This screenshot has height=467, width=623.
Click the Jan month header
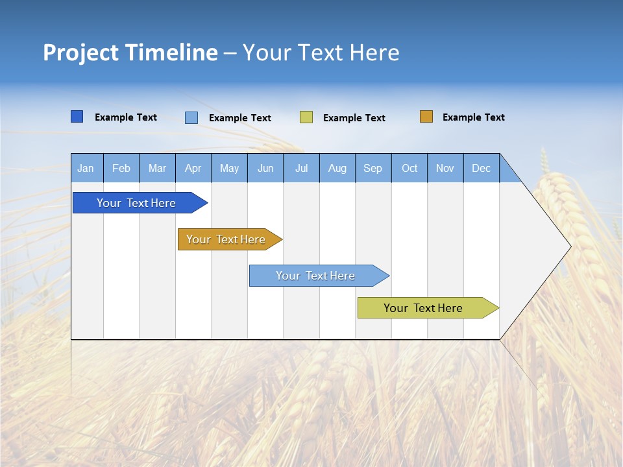coord(86,168)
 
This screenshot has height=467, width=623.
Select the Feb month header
coord(121,168)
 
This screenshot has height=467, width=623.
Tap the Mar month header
coord(157,168)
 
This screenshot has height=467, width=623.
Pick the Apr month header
coord(193,168)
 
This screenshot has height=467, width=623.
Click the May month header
coord(229,168)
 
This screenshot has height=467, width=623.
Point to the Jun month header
coord(265,168)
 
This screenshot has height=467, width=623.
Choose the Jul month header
coord(301,168)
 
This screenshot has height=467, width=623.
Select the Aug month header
coord(337,168)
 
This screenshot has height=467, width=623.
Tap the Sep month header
coord(373,168)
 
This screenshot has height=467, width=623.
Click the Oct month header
coord(409,168)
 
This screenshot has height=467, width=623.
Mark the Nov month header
coord(445,168)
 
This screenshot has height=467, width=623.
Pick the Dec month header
coord(482,168)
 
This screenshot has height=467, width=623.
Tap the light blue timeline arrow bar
coord(316,276)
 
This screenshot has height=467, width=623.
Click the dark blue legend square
coord(77,117)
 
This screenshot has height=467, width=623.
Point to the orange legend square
coord(426,117)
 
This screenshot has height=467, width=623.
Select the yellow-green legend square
coord(306,117)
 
